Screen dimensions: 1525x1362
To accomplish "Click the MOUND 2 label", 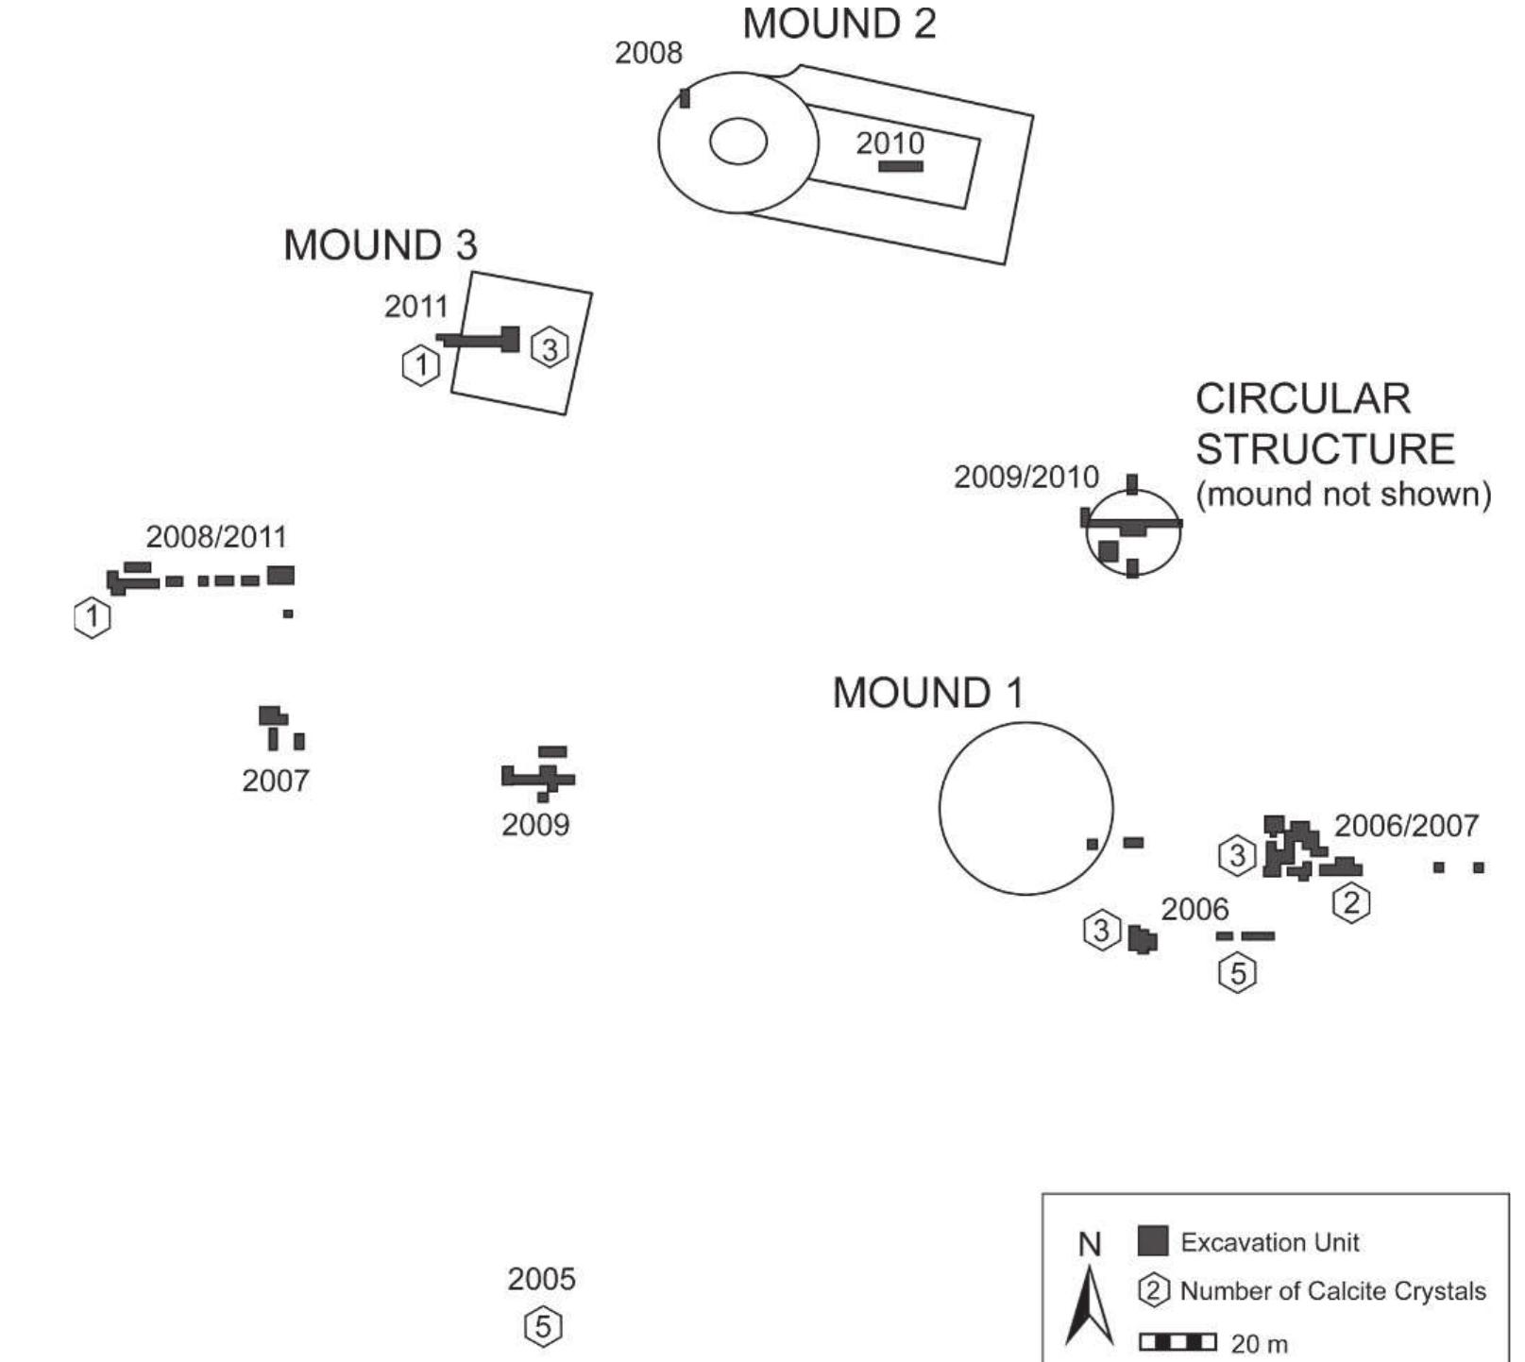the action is (x=839, y=24).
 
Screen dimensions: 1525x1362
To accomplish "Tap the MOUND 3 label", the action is (x=381, y=245).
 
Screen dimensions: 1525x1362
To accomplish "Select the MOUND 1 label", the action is (x=927, y=693).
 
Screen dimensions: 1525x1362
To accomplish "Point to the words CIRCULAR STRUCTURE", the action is (x=1325, y=424).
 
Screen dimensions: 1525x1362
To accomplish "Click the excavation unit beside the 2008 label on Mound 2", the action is (x=685, y=97).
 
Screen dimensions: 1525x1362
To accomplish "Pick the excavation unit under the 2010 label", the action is (x=901, y=166).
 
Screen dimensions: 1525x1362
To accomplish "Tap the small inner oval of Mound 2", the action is (x=738, y=143).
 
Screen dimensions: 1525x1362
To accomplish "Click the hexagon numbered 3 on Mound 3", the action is (x=550, y=347).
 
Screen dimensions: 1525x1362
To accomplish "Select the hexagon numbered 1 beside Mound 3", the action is (x=421, y=364).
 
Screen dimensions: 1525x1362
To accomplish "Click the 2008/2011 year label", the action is (x=216, y=537).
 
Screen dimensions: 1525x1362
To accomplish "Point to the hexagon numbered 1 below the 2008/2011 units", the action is (x=93, y=617).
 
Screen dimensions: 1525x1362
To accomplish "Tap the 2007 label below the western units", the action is (x=276, y=781).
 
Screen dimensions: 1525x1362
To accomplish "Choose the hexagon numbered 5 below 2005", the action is (x=543, y=1326).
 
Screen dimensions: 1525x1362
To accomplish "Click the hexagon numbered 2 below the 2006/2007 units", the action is (x=1351, y=903).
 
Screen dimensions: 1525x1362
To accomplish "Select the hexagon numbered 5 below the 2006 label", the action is (x=1238, y=972).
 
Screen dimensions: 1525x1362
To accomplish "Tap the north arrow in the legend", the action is (x=1090, y=1305).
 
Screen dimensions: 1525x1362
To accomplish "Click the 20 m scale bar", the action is (x=1178, y=1341).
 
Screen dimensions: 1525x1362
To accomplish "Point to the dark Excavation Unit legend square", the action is (x=1153, y=1240).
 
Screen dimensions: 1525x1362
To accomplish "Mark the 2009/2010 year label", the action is (x=1026, y=477).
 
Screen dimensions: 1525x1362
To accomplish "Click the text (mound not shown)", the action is (x=1344, y=494).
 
